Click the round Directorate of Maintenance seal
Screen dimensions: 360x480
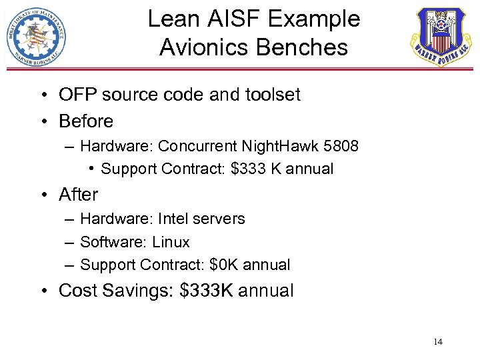pyautogui.click(x=36, y=36)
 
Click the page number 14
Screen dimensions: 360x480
pyautogui.click(x=438, y=342)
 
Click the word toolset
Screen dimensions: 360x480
pyautogui.click(x=270, y=95)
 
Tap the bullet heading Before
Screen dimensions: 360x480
pyautogui.click(x=86, y=121)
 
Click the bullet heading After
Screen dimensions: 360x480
pyautogui.click(x=78, y=195)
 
